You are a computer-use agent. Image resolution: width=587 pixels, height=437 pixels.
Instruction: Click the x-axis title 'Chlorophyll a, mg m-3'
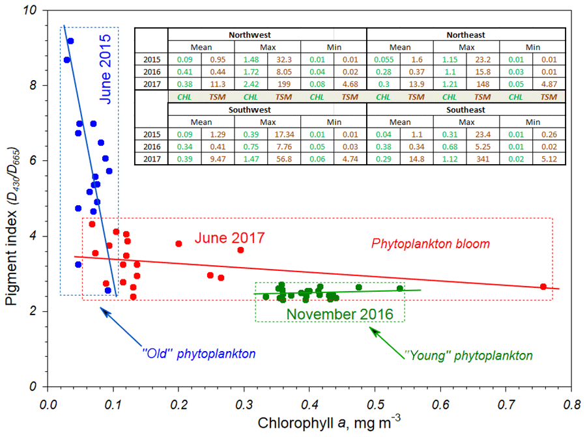click(x=309, y=423)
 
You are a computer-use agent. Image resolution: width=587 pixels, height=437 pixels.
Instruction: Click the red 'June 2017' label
click(x=230, y=238)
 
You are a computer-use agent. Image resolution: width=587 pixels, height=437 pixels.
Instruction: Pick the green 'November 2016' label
click(x=340, y=315)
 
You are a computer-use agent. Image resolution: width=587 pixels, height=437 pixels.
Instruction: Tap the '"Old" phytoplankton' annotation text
click(x=198, y=354)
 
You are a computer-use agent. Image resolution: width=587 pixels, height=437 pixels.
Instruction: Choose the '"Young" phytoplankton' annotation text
click(x=468, y=356)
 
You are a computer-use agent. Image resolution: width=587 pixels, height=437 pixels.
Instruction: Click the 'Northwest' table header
click(x=267, y=35)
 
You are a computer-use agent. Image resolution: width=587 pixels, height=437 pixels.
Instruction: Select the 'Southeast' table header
click(x=466, y=110)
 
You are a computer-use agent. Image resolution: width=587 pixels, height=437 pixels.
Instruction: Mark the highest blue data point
click(x=70, y=41)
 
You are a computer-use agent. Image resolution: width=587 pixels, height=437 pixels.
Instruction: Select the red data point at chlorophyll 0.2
click(x=179, y=244)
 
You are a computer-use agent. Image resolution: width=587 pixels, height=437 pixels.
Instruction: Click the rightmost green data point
click(x=399, y=289)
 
